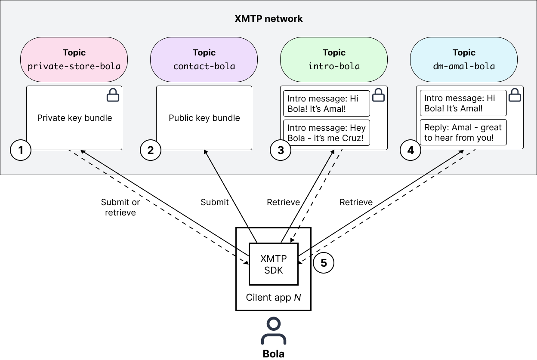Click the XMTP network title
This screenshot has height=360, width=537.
(268, 19)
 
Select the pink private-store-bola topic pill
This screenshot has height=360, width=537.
(74, 59)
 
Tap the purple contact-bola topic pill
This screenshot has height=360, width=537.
(204, 59)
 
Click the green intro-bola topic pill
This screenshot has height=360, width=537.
(334, 59)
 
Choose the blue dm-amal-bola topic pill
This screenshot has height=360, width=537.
(464, 59)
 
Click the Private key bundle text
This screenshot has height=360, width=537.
(74, 118)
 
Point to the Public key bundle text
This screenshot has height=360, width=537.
(204, 118)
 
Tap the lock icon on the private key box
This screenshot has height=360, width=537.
(113, 95)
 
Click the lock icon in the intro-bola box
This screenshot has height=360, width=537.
(378, 95)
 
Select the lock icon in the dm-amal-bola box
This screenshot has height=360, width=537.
(515, 95)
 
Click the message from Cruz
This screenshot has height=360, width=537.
(326, 133)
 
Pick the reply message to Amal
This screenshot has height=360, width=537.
(463, 132)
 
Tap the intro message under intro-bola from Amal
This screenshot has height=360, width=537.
(326, 103)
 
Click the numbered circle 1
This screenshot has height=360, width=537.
(20, 150)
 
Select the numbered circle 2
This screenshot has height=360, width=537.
(150, 150)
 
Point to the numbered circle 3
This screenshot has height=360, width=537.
(281, 150)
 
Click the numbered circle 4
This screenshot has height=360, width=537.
(410, 150)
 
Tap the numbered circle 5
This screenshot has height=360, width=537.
(324, 263)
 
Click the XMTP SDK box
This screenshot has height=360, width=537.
(273, 264)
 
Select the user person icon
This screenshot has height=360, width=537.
(273, 331)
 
